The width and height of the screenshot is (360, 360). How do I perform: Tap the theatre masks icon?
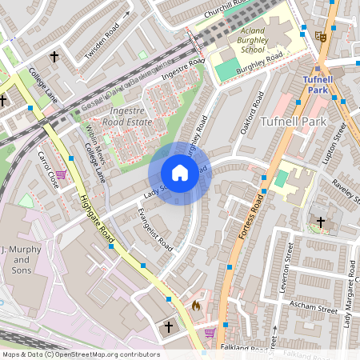[320, 36]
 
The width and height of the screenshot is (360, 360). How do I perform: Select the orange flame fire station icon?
[195, 305]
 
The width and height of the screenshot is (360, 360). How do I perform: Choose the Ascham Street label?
[316, 306]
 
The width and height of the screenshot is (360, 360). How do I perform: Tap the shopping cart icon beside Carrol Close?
[61, 174]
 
